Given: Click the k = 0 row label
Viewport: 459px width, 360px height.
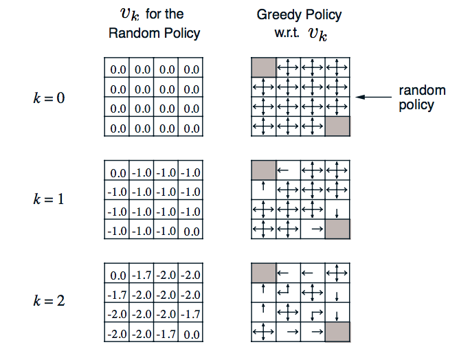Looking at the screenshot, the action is pos(49,98).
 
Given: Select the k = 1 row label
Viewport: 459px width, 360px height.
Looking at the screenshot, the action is pos(49,199).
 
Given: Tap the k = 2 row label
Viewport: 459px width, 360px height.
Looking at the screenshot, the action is pos(49,300).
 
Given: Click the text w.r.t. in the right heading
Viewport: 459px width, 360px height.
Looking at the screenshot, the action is pos(287,33).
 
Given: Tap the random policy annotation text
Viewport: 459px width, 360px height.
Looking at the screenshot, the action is pos(422,98).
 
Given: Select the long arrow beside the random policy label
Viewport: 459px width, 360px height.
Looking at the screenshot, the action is pos(374,97).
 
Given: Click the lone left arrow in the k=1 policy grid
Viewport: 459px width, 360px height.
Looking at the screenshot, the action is pos(283,170).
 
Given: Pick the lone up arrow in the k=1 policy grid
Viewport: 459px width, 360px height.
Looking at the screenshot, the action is pos(263,186).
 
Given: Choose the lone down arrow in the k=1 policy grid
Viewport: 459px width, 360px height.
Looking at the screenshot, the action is pos(337,213).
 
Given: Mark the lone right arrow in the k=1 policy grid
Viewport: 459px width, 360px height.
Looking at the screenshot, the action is pos(317,229).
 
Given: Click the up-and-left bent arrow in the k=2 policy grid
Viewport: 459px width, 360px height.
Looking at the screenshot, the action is pos(284,290).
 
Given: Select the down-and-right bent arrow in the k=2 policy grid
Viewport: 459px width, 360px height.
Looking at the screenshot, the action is pos(317,315).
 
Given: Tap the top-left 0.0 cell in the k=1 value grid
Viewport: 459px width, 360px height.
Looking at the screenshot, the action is pos(118,173).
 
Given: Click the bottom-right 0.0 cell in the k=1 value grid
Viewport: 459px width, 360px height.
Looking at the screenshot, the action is pos(192,232).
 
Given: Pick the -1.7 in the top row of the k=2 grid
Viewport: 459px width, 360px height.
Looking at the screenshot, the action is pos(142,275).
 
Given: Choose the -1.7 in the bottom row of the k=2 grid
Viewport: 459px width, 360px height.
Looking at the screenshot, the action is pos(166,334).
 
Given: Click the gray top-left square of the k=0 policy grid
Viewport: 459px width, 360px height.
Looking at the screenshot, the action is pos(263,67).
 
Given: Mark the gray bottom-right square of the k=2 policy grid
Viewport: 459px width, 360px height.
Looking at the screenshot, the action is pos(337,332).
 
